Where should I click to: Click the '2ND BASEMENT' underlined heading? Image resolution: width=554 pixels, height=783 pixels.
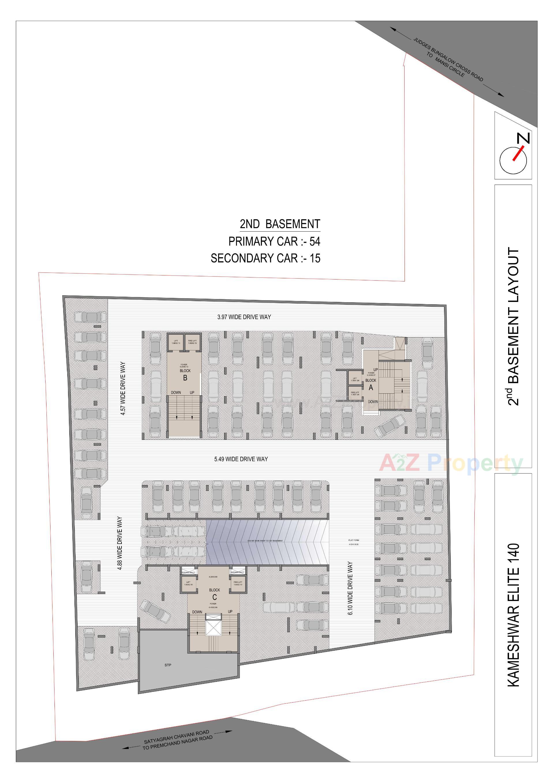[x=280, y=224]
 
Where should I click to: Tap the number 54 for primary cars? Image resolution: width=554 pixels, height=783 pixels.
[x=315, y=241]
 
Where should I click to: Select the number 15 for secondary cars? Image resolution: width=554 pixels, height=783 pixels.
[x=315, y=258]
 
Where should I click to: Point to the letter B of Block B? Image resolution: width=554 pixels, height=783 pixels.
[x=185, y=378]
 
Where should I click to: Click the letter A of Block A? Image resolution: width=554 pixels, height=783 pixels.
[x=371, y=387]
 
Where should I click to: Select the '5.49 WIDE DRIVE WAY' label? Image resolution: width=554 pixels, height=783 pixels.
[x=241, y=459]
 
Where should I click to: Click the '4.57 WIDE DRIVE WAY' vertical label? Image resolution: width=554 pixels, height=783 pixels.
[x=123, y=388]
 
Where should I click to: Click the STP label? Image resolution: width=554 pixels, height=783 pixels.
[x=168, y=665]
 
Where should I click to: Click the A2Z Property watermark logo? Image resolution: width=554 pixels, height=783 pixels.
[x=450, y=463]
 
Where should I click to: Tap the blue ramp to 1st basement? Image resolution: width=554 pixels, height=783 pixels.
[x=266, y=541]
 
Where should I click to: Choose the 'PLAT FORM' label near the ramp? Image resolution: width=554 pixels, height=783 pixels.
[x=353, y=540]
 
